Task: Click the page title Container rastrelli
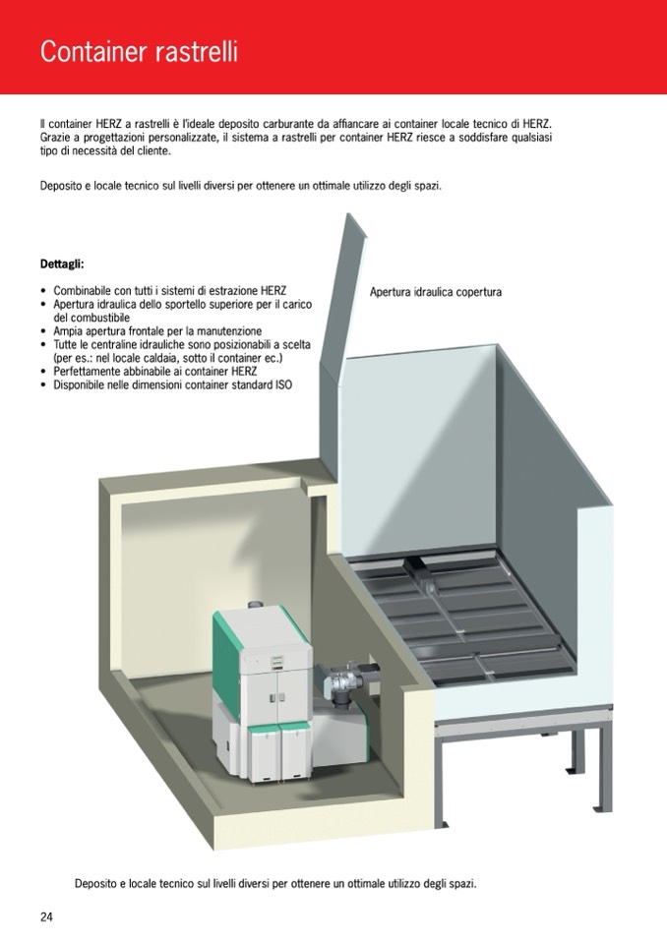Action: (x=139, y=52)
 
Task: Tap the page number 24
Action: (x=46, y=916)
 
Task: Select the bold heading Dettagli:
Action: (x=62, y=264)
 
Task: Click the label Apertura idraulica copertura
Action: (x=436, y=292)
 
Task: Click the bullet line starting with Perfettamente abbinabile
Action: (x=155, y=371)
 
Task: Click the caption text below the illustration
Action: (x=275, y=883)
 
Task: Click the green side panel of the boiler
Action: (x=226, y=656)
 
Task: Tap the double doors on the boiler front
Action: (x=277, y=697)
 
